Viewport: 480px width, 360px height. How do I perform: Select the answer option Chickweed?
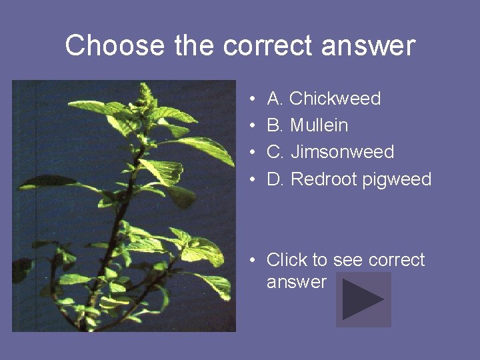335,99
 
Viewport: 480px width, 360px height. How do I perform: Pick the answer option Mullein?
319,125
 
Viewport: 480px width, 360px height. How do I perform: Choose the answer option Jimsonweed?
342,152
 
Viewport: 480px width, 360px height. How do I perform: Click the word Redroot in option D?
325,179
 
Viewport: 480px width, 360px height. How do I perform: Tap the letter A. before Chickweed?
276,99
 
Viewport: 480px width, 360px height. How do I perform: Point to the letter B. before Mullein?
276,125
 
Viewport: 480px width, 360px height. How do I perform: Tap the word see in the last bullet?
346,259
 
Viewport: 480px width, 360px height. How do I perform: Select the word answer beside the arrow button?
296,282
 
